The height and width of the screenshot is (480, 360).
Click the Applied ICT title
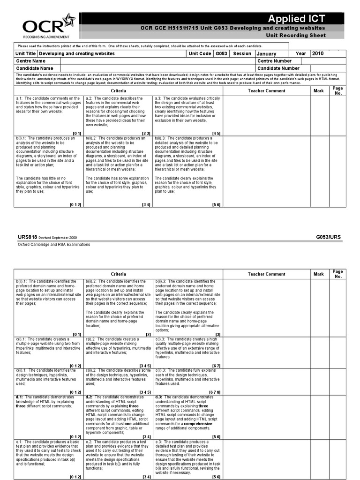[296, 19]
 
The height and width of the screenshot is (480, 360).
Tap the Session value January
[266, 54]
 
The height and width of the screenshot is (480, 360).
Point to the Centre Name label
[30, 61]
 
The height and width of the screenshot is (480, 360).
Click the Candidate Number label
[278, 68]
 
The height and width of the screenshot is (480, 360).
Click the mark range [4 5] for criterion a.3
[216, 133]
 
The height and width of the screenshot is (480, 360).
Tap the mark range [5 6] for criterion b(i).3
[216, 204]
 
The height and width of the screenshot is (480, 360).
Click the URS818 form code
[27, 237]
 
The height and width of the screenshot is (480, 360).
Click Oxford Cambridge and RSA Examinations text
[54, 244]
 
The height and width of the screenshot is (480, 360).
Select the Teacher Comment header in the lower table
[266, 274]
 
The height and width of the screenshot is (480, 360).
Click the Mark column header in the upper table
[319, 91]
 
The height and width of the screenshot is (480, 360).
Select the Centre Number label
[275, 61]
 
